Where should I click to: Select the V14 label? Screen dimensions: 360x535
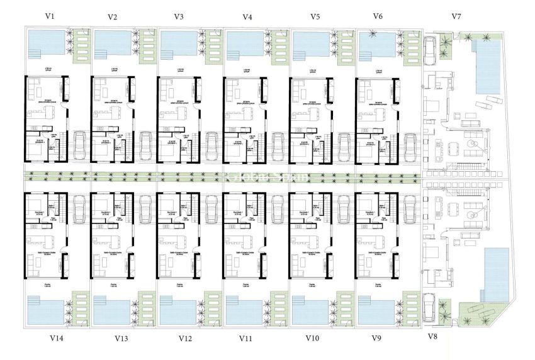pos(56,338)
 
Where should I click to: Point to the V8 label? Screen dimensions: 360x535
pos(432,337)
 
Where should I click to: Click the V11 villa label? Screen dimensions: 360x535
pos(246,338)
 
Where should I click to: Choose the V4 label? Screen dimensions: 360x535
pos(247,16)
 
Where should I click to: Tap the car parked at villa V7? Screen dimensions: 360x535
pos(431,48)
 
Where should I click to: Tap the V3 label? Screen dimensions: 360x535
pos(179,16)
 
